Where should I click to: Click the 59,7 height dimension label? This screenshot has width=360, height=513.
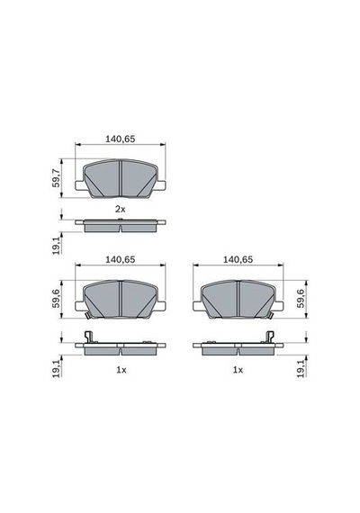[57, 178]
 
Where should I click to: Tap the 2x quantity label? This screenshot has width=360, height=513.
[120, 209]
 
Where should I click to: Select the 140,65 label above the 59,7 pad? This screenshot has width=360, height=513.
[120, 139]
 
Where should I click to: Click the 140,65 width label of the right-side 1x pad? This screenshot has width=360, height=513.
[238, 259]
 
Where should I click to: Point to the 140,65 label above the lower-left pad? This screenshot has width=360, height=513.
[120, 259]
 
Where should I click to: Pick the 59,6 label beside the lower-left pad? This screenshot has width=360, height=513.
[57, 299]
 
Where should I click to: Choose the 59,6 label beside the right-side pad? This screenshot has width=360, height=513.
[301, 299]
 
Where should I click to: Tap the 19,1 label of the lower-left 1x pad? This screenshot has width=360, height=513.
[57, 369]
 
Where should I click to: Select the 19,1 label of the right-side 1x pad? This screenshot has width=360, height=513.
[301, 369]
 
